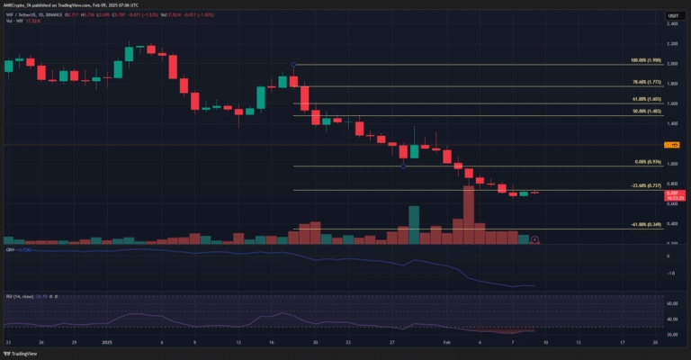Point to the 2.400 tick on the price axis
(x=671, y=24)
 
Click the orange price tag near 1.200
(x=671, y=144)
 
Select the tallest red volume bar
(x=468, y=214)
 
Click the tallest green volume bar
(x=414, y=225)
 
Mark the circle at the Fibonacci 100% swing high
(x=295, y=65)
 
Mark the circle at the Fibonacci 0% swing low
(x=404, y=166)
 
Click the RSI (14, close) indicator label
(x=20, y=295)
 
